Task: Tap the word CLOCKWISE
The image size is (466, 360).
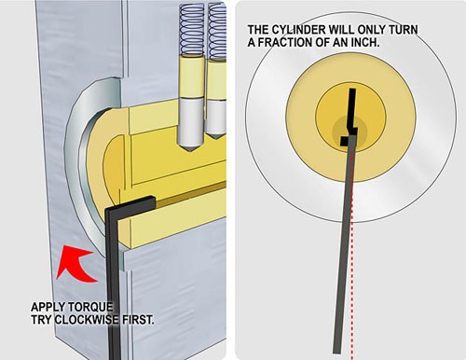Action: [x=87, y=320]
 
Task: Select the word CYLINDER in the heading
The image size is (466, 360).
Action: [x=299, y=30]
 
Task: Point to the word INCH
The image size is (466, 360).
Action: [x=365, y=43]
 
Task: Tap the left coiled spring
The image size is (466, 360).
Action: [x=192, y=30]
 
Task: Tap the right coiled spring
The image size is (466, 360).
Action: [x=217, y=32]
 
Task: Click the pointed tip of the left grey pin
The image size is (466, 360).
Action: [x=191, y=151]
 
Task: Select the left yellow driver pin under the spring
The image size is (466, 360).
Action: [x=192, y=76]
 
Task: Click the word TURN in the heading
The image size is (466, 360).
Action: [x=402, y=30]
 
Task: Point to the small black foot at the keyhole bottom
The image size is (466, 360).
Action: [x=345, y=141]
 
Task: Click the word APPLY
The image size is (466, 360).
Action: [x=48, y=308]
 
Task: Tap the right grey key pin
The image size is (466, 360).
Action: [x=217, y=119]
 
